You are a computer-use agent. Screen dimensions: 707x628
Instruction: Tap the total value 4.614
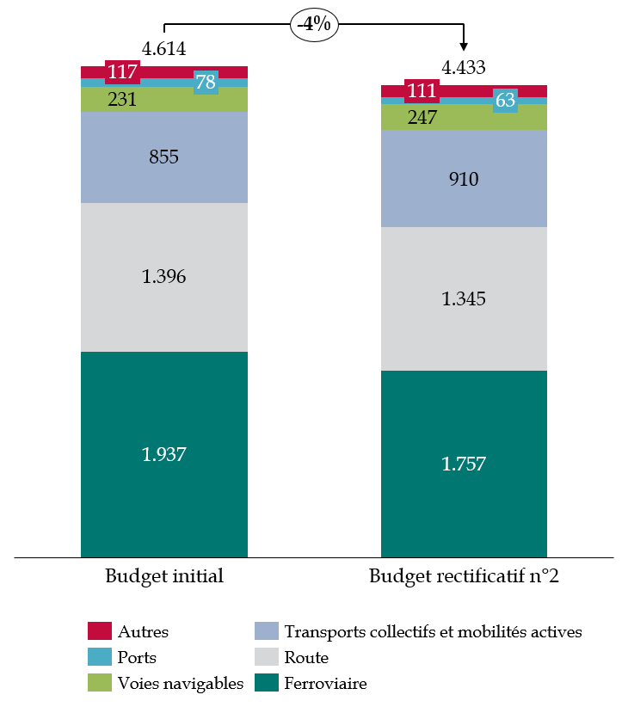164,49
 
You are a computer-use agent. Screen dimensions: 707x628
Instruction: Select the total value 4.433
464,67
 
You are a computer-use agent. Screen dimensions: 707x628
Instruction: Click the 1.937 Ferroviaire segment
164,453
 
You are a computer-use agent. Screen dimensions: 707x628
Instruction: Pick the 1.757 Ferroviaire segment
464,464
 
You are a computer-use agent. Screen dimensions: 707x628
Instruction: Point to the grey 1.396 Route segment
164,277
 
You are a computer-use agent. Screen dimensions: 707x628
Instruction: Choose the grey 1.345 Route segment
464,298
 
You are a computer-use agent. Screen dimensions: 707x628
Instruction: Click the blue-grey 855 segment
164,157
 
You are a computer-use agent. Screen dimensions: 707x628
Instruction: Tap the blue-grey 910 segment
464,179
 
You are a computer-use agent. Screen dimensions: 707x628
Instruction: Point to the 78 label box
206,83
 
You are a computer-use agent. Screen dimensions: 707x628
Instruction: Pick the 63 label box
505,101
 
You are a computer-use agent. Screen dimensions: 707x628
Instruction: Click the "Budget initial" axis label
164,576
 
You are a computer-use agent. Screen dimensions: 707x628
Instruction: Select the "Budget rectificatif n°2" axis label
464,576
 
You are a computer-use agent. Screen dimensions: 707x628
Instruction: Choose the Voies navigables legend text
182,684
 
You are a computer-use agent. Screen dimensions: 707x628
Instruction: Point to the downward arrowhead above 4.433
464,46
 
